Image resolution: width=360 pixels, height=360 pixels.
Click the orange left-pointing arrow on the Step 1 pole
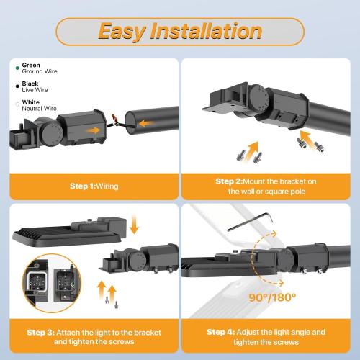click(x=148, y=124)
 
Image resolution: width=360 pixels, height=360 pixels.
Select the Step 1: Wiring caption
click(x=94, y=186)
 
